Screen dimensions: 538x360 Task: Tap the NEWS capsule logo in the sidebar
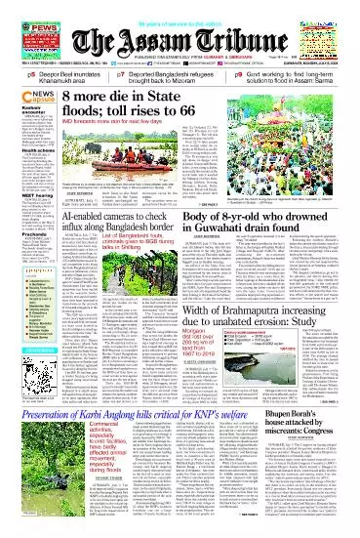coord(22,96)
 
